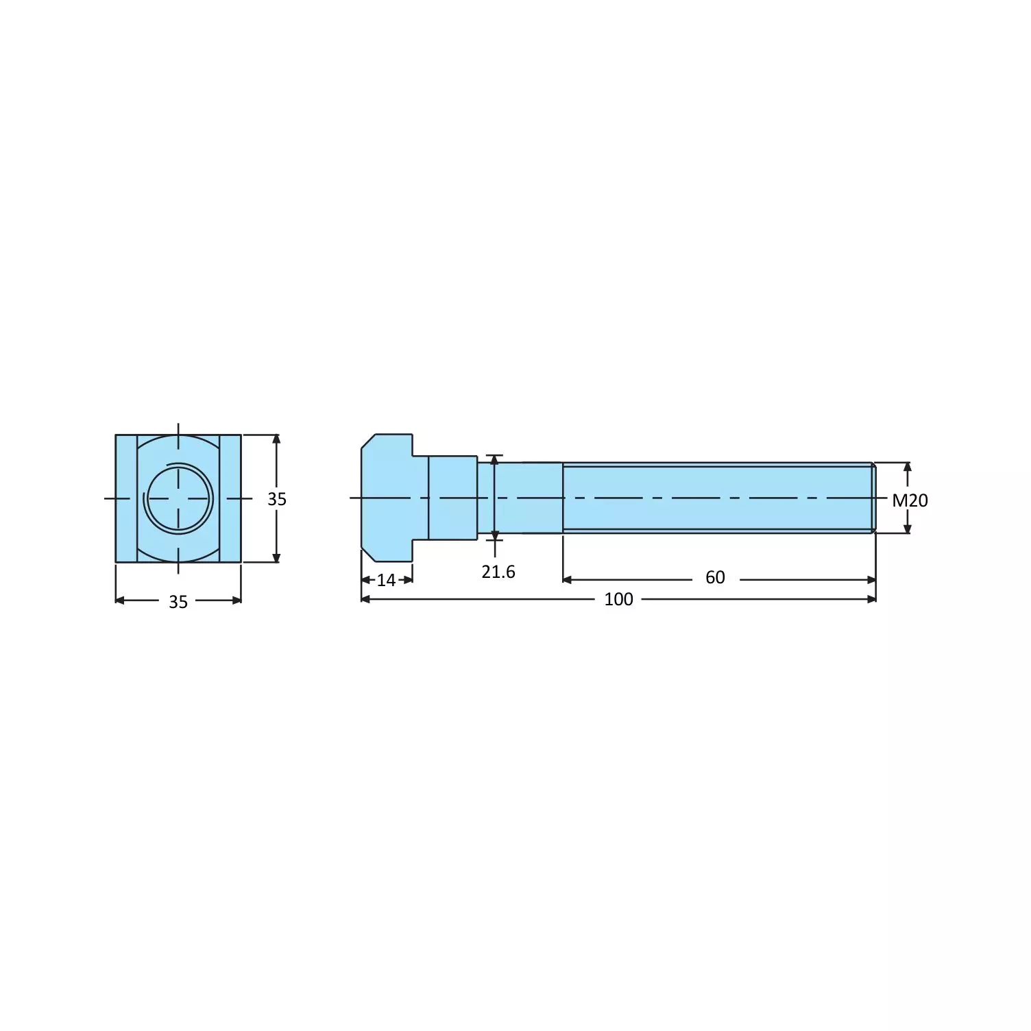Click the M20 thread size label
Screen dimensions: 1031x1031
coord(910,500)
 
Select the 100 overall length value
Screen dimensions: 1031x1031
coord(618,599)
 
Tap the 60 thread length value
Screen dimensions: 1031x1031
coord(715,578)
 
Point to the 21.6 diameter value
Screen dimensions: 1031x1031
coord(498,572)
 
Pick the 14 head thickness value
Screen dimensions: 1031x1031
coord(387,581)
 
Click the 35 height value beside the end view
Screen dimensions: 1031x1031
coord(277,499)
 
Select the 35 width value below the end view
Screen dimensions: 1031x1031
coord(178,602)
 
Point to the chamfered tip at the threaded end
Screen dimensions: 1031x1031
coord(873,498)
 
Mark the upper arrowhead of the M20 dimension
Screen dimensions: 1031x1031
coord(908,468)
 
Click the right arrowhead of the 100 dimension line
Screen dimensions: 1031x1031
coord(871,599)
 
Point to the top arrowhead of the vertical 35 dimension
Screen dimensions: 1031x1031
coord(276,440)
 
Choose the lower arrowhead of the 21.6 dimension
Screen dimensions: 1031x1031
coord(495,534)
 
